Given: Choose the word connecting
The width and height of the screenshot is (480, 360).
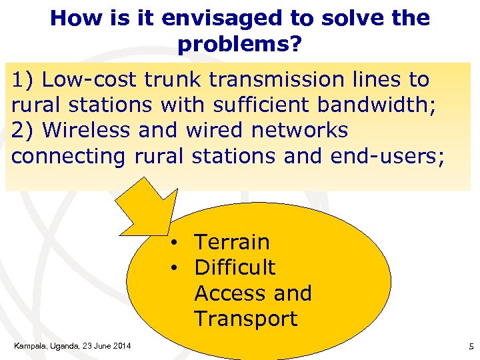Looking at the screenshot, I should coord(68,156).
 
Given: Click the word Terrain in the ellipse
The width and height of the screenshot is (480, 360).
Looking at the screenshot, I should coord(231,241).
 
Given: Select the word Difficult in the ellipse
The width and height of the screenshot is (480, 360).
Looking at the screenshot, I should coord(235,267).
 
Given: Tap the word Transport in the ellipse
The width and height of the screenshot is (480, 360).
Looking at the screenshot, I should coord(246,319).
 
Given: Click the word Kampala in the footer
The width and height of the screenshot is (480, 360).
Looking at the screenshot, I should coord(30,345).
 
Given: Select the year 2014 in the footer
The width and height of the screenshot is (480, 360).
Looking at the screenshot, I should coord(121,345).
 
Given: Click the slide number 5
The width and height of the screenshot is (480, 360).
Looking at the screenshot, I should coord(471,346).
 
